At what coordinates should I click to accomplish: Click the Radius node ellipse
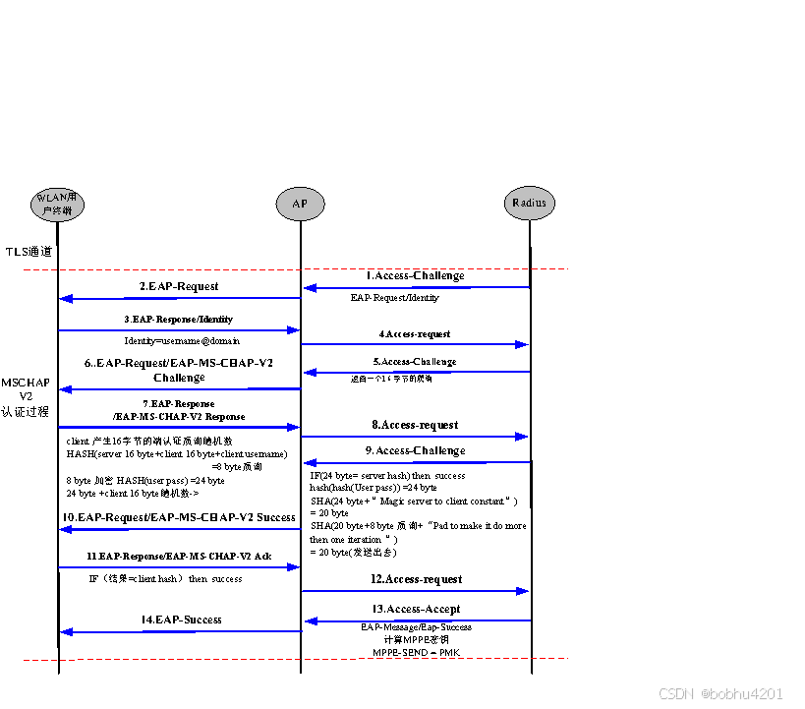point(530,203)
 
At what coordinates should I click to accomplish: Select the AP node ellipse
point(299,204)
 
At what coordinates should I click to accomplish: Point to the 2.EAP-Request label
point(179,286)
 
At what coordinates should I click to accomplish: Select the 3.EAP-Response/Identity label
point(179,320)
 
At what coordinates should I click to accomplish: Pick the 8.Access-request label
point(415,426)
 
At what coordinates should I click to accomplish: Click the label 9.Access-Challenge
point(415,451)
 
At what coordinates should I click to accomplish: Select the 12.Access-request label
point(417,580)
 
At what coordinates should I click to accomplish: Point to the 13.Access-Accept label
point(417,610)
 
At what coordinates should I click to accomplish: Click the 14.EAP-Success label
point(182,620)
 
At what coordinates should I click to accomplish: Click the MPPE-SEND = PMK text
point(416,653)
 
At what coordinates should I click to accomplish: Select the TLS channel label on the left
point(29,252)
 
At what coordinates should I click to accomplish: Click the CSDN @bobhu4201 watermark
point(720,694)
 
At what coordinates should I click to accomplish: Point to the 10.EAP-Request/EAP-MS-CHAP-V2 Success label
point(179,517)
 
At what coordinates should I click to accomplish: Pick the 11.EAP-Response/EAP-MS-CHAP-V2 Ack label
point(179,557)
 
